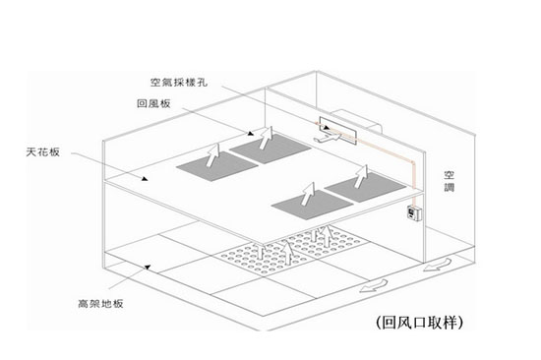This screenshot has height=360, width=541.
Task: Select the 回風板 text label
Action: [x=156, y=103]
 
